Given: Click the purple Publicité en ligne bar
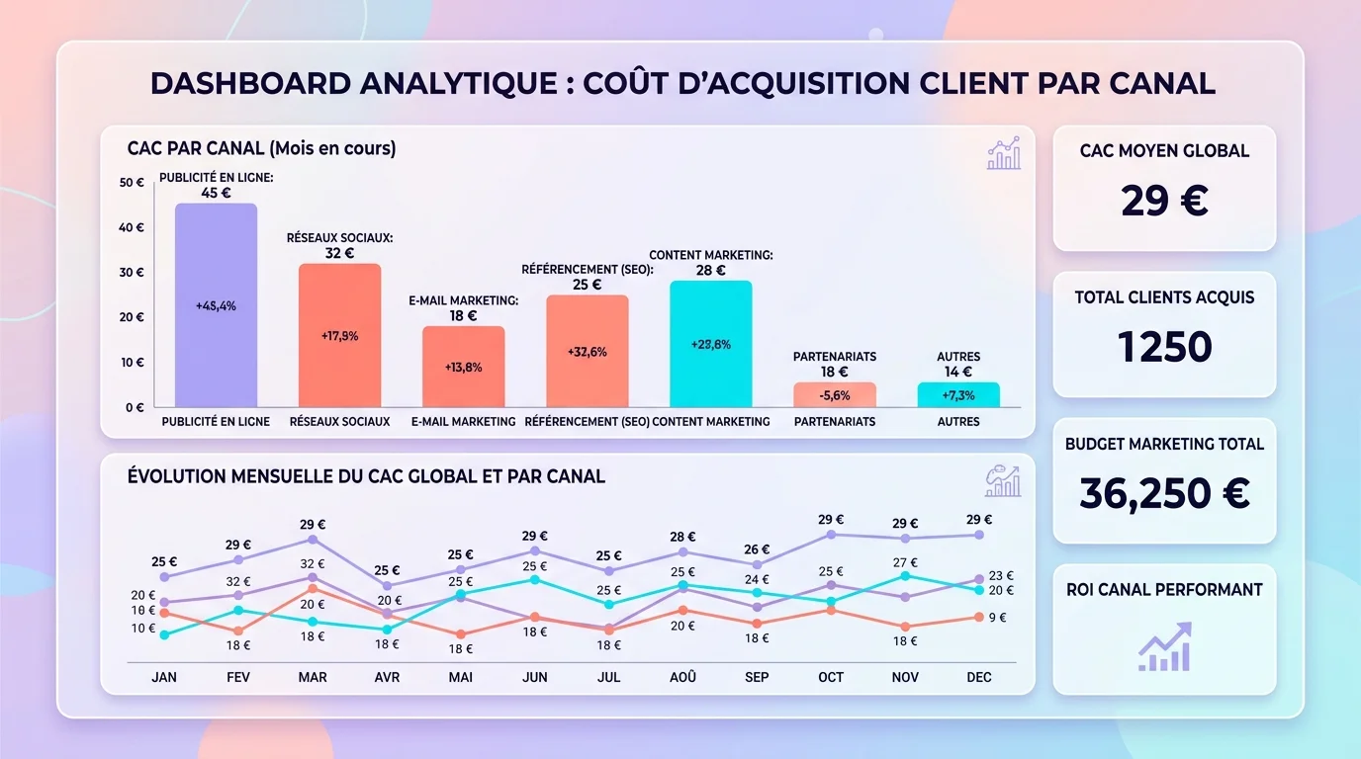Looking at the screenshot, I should pyautogui.click(x=216, y=306).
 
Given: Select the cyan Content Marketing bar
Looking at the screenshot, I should pyautogui.click(x=710, y=344).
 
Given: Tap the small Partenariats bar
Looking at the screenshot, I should pyautogui.click(x=835, y=395).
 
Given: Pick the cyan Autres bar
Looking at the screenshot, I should pyautogui.click(x=957, y=395).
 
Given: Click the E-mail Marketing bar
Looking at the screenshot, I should pyautogui.click(x=463, y=367).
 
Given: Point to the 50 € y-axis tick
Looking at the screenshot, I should pyautogui.click(x=132, y=183).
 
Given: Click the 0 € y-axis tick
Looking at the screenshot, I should pyautogui.click(x=134, y=407).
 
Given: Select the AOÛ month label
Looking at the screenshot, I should pyautogui.click(x=682, y=677).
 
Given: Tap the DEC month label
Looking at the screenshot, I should pyautogui.click(x=978, y=677).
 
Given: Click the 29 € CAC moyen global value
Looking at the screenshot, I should pyautogui.click(x=1164, y=202).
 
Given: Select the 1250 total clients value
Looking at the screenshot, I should pyautogui.click(x=1164, y=347).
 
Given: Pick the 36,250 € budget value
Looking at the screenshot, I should pyautogui.click(x=1164, y=493).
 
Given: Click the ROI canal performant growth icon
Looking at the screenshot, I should pyautogui.click(x=1164, y=647).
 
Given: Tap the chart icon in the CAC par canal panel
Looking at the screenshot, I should pyautogui.click(x=1003, y=153).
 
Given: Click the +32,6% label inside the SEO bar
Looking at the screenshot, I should pyautogui.click(x=587, y=352).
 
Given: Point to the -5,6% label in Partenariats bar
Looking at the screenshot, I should pyautogui.click(x=835, y=395).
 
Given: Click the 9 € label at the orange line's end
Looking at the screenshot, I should pyautogui.click(x=997, y=618).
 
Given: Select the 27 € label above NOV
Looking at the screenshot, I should pyautogui.click(x=904, y=562).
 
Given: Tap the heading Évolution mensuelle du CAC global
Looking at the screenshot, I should pyautogui.click(x=366, y=476).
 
